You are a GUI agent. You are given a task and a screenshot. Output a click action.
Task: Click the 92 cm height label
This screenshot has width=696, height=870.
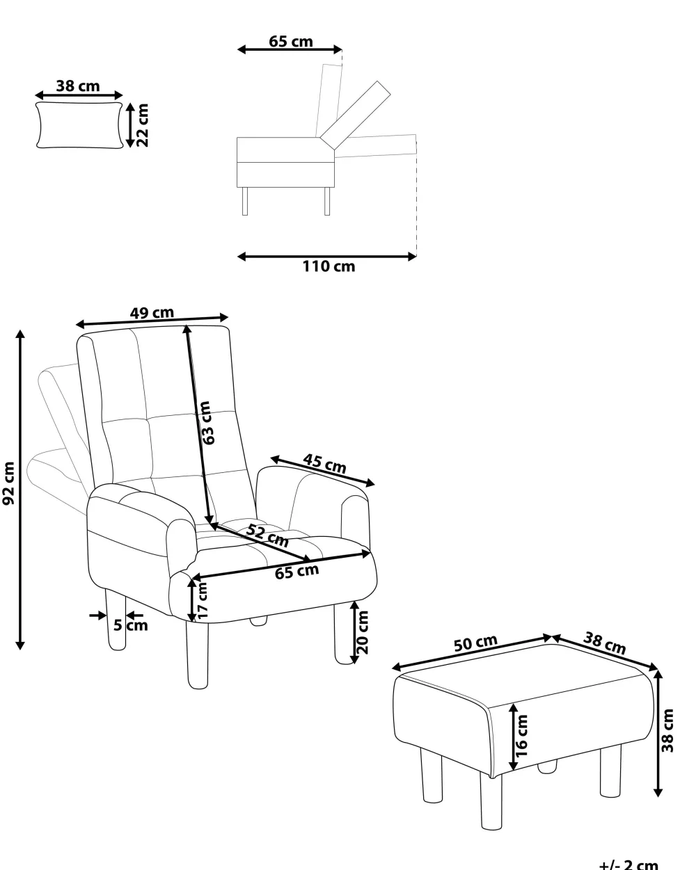pyautogui.click(x=9, y=483)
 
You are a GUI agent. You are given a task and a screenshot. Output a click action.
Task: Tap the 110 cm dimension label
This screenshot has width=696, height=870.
pyautogui.click(x=329, y=266)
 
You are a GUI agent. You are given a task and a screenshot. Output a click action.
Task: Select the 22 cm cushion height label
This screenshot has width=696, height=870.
pyautogui.click(x=143, y=125)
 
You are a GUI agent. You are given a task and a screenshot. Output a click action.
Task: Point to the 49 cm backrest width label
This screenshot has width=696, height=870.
pyautogui.click(x=152, y=312)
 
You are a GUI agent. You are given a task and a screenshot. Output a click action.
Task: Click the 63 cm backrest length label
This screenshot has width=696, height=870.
pyautogui.click(x=207, y=423)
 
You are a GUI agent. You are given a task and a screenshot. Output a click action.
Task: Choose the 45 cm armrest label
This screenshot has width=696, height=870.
pyautogui.click(x=324, y=464)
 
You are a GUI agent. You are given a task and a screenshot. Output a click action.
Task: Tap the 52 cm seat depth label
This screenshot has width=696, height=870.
pyautogui.click(x=267, y=535)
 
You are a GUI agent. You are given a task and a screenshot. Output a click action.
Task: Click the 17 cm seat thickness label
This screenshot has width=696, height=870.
pyautogui.click(x=203, y=600)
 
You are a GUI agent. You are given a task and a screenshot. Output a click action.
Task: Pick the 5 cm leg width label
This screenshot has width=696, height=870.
pyautogui.click(x=130, y=625)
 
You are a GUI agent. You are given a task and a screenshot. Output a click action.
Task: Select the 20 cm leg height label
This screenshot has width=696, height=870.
pyautogui.click(x=363, y=632)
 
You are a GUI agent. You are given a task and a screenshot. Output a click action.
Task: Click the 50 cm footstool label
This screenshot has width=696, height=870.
pyautogui.click(x=475, y=643)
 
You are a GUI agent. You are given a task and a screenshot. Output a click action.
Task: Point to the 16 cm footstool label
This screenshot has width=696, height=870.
pyautogui.click(x=521, y=736)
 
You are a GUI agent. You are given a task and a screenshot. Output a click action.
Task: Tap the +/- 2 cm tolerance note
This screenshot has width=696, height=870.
pyautogui.click(x=628, y=864)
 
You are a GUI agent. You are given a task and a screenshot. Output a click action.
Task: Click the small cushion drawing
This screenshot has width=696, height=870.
pyautogui.click(x=79, y=125)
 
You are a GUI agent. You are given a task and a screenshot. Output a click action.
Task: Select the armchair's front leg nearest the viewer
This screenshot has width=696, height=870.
pyautogui.click(x=198, y=654)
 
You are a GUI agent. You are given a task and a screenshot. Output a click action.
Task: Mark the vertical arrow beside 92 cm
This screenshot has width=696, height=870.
pyautogui.click(x=20, y=490)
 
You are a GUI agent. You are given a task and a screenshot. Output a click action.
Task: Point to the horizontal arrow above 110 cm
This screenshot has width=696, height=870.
pyautogui.click(x=326, y=257)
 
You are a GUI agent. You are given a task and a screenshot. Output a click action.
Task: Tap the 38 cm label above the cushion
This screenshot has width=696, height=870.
pyautogui.click(x=78, y=86)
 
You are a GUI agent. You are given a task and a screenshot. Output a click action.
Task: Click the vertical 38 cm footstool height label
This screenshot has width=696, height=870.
pyautogui.click(x=667, y=730)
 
